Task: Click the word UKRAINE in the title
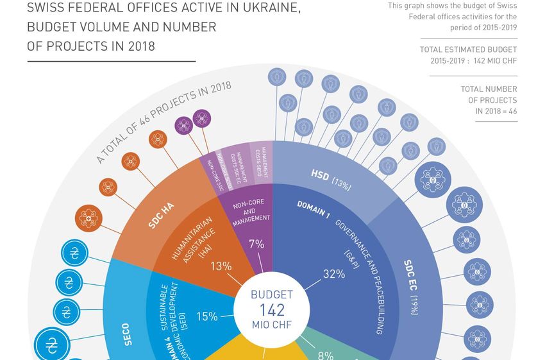(x=257, y=9)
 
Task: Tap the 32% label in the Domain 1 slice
(x=334, y=274)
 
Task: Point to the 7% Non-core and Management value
(x=256, y=244)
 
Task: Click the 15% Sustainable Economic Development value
(x=207, y=316)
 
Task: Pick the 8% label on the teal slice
(x=326, y=355)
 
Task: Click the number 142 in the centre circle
(x=272, y=310)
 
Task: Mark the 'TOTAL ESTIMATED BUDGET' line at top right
(x=468, y=49)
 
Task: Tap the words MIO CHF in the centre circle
(x=272, y=325)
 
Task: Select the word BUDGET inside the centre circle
(x=272, y=295)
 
